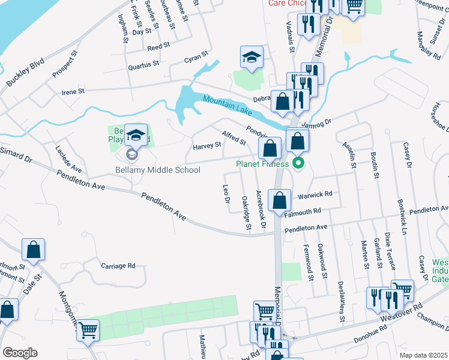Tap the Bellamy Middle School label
coord(158,170)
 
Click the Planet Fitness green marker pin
coord(298,163)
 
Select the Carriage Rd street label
coord(118,265)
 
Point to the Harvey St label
coord(206,146)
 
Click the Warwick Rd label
coord(315,194)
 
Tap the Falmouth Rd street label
coord(303,211)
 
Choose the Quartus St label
coord(143,62)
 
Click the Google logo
coord(20,353)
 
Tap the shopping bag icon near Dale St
coord(34,250)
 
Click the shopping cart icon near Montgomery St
coord(88,330)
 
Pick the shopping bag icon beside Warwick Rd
coord(280,201)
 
